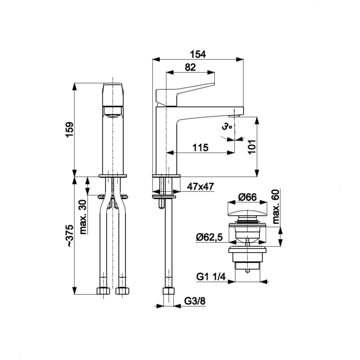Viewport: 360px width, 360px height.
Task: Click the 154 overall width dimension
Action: click(x=198, y=54)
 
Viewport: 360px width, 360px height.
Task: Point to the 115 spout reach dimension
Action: click(x=200, y=147)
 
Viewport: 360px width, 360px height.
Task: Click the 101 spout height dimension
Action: click(x=252, y=147)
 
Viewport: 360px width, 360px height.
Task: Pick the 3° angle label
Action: click(x=226, y=127)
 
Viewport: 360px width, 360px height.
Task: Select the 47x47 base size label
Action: click(x=200, y=187)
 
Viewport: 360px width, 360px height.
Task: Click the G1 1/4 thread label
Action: click(x=211, y=277)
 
